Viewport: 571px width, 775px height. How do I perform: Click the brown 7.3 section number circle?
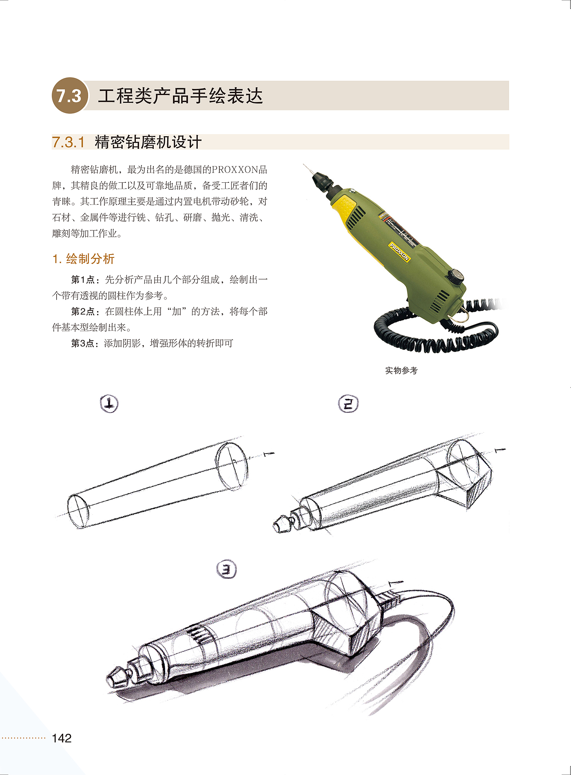pyautogui.click(x=70, y=95)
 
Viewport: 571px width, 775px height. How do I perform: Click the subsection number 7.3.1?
pyautogui.click(x=69, y=142)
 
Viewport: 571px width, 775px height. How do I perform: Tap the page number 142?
pyautogui.click(x=62, y=738)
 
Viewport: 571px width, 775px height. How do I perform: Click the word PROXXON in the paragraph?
pyautogui.click(x=235, y=169)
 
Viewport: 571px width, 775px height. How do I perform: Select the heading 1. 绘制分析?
pyautogui.click(x=84, y=259)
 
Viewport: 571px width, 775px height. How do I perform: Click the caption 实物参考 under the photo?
pyautogui.click(x=401, y=370)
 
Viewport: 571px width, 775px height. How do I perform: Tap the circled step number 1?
pyautogui.click(x=109, y=403)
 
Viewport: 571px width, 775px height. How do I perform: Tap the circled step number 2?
pyautogui.click(x=348, y=403)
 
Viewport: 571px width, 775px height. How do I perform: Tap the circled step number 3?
pyautogui.click(x=227, y=569)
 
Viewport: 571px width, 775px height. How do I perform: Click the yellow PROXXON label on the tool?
pyautogui.click(x=399, y=252)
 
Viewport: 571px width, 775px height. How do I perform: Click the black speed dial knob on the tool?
pyautogui.click(x=456, y=277)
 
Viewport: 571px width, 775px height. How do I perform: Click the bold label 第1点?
pyautogui.click(x=83, y=280)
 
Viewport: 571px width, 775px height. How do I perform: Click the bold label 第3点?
pyautogui.click(x=83, y=343)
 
